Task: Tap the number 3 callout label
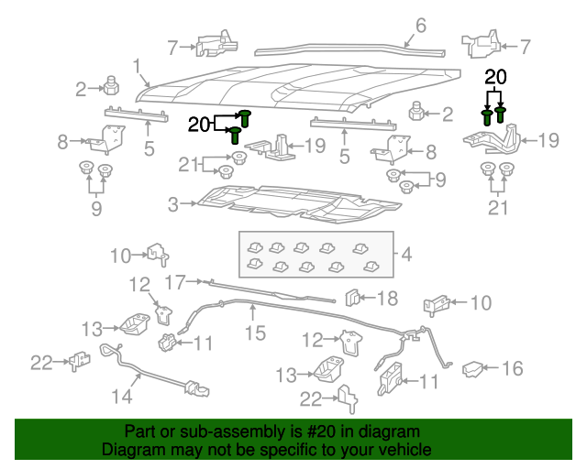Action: pos(173,205)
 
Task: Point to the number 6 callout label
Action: pos(421,25)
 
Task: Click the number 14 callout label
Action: pos(121,397)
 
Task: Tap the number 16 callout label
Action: pos(512,368)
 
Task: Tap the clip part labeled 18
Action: pos(352,298)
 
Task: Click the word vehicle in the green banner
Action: pos(401,450)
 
